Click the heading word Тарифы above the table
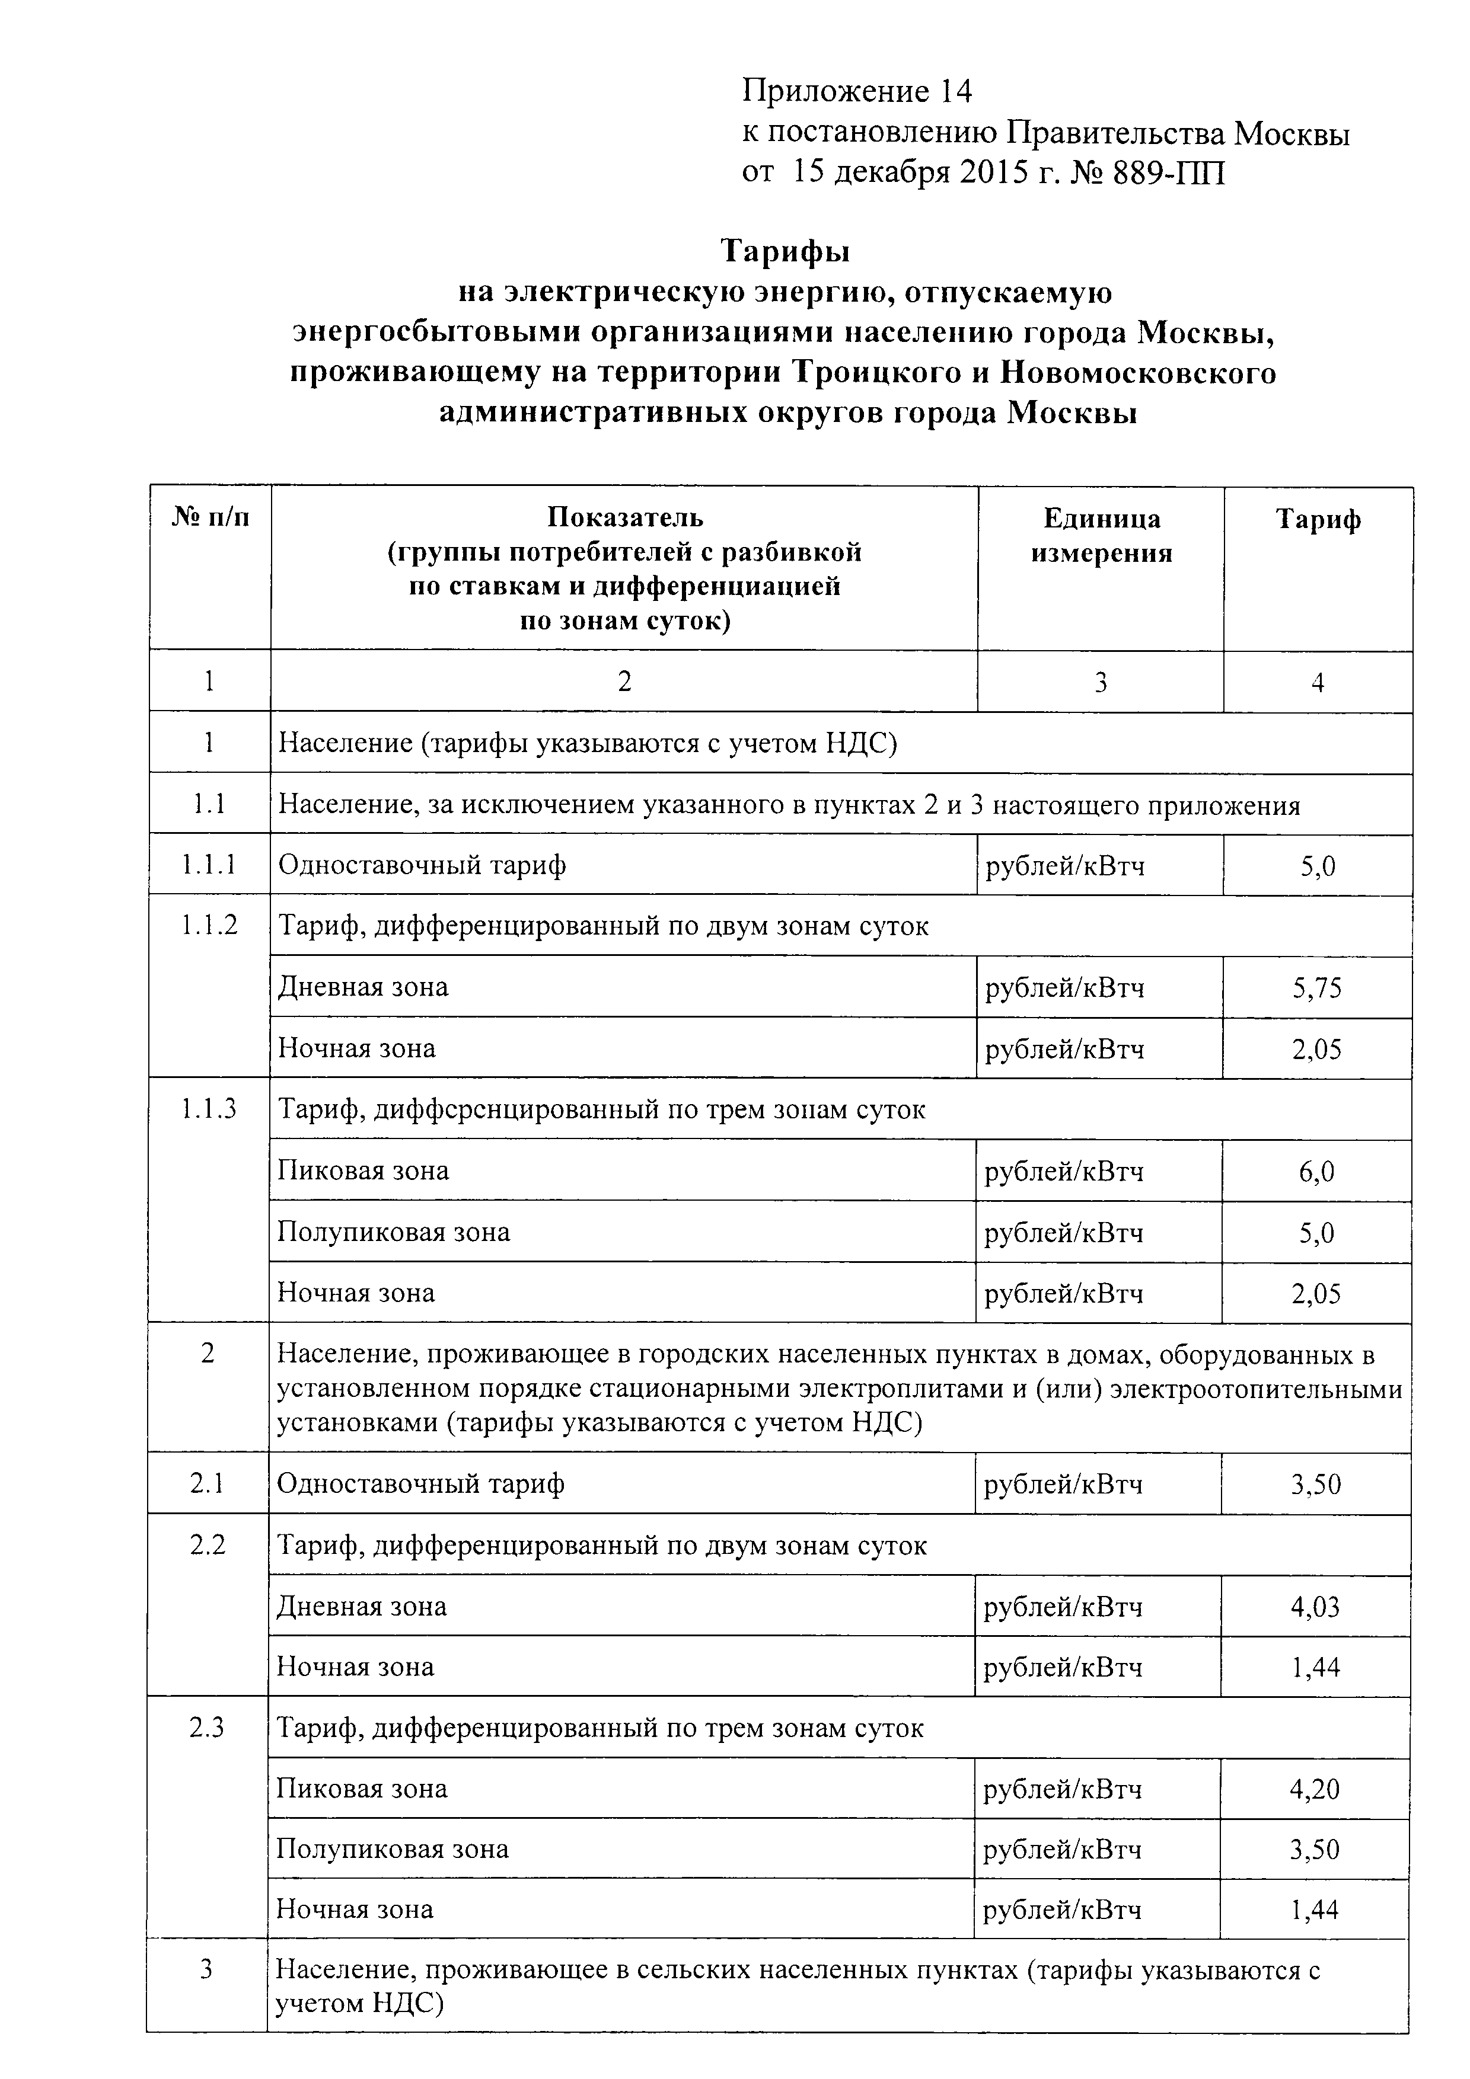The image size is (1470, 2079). pos(785,251)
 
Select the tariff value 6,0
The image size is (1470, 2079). pos(1317,1173)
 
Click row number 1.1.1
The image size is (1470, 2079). pos(209,866)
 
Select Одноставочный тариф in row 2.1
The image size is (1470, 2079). pos(420,1483)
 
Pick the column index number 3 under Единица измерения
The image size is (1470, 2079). pos(1101,682)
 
